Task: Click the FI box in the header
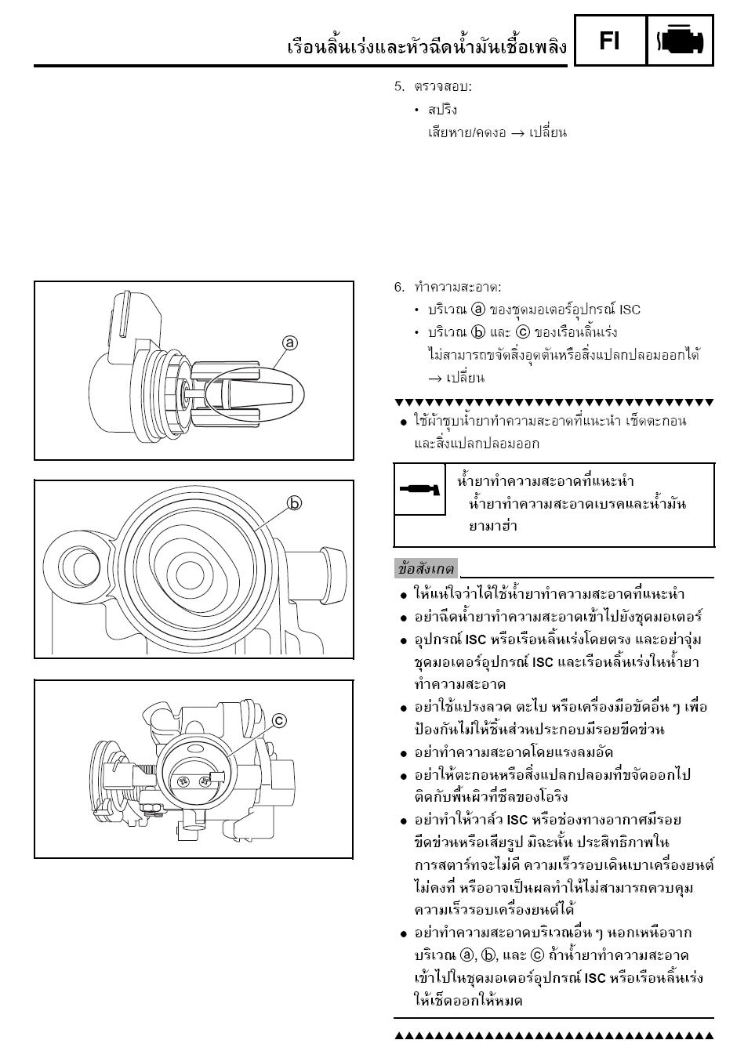(x=610, y=40)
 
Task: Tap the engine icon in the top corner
(x=681, y=41)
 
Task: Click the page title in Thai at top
(x=427, y=47)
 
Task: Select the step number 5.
(x=398, y=87)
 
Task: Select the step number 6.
(x=398, y=288)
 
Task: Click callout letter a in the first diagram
(x=290, y=343)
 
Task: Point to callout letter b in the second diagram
(x=295, y=503)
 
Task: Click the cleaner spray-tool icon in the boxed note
(x=419, y=491)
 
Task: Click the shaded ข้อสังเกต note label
(x=426, y=569)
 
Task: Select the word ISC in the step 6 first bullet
(x=630, y=310)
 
